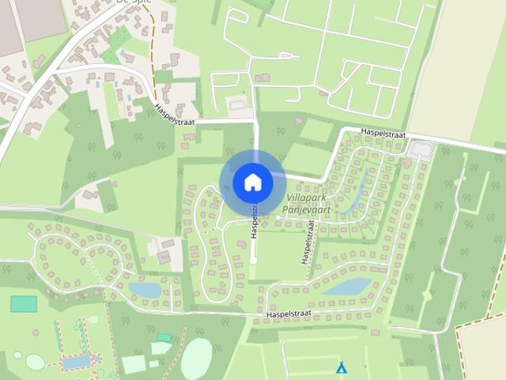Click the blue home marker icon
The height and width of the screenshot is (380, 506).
click(x=253, y=182)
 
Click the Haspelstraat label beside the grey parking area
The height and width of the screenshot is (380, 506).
click(x=382, y=134)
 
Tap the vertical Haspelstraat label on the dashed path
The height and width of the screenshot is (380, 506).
click(x=308, y=241)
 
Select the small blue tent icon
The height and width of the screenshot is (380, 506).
click(x=342, y=368)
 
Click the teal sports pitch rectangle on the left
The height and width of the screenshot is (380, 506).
click(x=24, y=303)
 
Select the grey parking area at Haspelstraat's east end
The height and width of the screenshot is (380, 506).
click(x=422, y=149)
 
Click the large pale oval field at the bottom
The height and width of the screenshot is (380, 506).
click(x=197, y=358)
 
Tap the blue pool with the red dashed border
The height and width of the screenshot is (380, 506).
click(x=76, y=362)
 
